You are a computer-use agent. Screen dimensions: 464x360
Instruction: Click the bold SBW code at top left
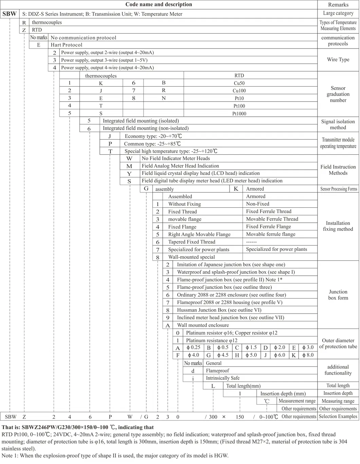coord(10,14)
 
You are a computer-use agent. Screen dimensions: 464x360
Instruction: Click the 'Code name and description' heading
coord(159,4)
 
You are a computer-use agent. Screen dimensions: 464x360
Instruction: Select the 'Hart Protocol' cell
coord(67,45)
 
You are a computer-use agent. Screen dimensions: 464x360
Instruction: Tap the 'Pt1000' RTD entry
coord(239,114)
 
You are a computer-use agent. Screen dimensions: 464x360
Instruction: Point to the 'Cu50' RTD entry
coord(239,83)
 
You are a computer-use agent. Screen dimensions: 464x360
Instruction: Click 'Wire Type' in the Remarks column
coord(338,59)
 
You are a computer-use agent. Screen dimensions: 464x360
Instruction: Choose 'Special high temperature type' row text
coord(170,151)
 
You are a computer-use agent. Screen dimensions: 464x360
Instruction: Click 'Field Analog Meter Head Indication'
coord(180,166)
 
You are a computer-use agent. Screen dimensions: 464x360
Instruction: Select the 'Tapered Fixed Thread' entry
coord(192,242)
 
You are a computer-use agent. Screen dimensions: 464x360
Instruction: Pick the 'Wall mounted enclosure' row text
coord(203,325)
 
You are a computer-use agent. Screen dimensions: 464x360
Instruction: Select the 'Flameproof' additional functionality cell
coord(217,371)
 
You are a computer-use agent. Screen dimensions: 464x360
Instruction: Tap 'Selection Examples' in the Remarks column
coord(338,416)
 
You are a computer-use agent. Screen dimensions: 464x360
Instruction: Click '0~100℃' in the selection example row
coord(269,417)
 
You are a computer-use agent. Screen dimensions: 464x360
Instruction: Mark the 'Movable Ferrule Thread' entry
coord(272,219)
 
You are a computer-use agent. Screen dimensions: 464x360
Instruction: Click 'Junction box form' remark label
coord(338,295)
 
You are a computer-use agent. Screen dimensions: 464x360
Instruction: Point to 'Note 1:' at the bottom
coord(10,456)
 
